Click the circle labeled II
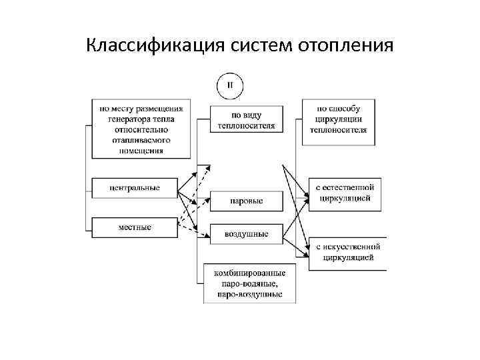[x=230, y=85]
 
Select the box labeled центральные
[x=135, y=187]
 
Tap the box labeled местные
[x=135, y=227]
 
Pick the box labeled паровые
[x=246, y=200]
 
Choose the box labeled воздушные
[x=246, y=234]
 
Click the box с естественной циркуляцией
[x=347, y=194]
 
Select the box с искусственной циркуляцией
[x=347, y=252]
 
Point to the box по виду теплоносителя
[x=246, y=118]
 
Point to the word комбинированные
[x=250, y=273]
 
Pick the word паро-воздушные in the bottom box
[x=250, y=294]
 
